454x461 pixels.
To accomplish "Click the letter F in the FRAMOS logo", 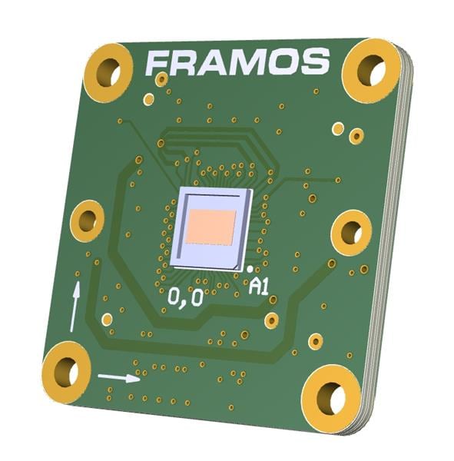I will pyautogui.click(x=158, y=64).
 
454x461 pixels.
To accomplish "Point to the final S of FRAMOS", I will pyautogui.click(x=315, y=61).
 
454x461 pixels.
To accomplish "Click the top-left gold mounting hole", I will pyautogui.click(x=108, y=73).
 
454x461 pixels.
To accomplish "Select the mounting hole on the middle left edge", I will pyautogui.click(x=87, y=221).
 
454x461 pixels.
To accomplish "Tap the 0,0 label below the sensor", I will pyautogui.click(x=185, y=297).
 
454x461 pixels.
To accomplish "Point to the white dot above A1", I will pyautogui.click(x=253, y=268).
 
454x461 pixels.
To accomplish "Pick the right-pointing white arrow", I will pyautogui.click(x=119, y=377).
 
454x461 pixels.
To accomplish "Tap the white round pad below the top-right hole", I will pyautogui.click(x=337, y=128).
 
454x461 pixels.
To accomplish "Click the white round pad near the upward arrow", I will pyautogui.click(x=107, y=319).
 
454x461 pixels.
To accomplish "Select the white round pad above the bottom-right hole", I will pyautogui.click(x=315, y=340).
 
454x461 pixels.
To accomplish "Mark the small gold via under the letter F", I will pyautogui.click(x=161, y=79).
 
